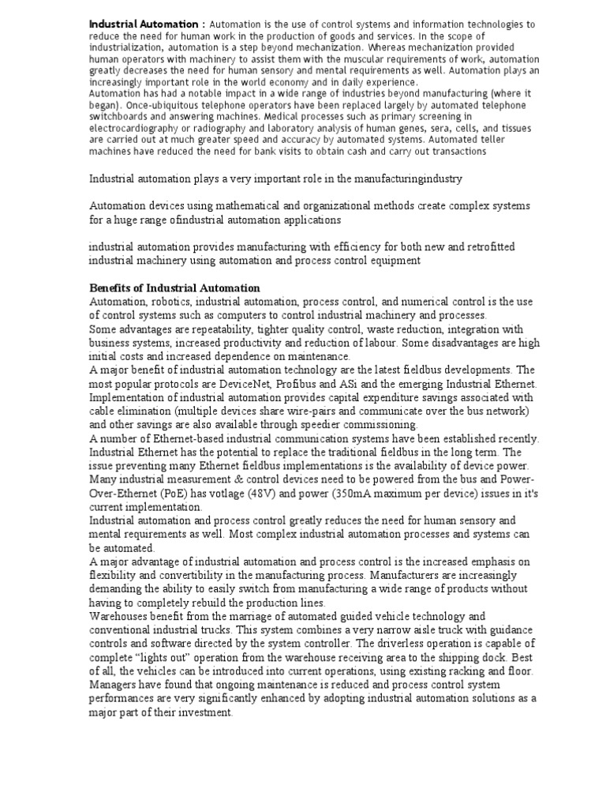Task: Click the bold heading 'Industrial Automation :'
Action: coord(146,24)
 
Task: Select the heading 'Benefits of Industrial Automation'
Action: coord(174,287)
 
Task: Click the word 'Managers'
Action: coord(114,684)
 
